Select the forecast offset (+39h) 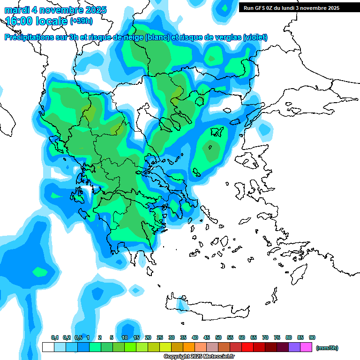click(x=81, y=21)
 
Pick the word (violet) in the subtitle click(x=255, y=37)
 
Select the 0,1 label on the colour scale click(x=55, y=337)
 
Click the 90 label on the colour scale click(x=312, y=337)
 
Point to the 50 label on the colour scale click(x=218, y=337)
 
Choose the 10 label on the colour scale click(x=125, y=337)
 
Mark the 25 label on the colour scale click(x=160, y=337)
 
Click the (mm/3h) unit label click(x=327, y=348)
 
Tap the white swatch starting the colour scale click(x=48, y=347)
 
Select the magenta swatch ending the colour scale click(x=306, y=347)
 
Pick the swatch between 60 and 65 click(x=247, y=347)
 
